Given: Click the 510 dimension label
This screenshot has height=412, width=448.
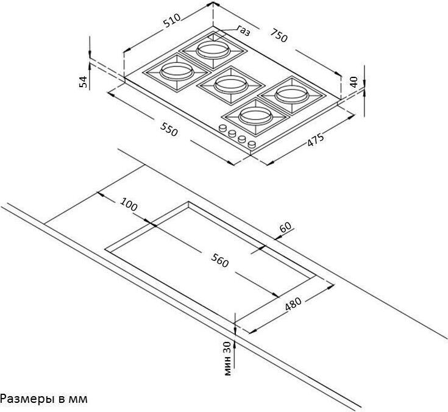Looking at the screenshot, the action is [172, 21].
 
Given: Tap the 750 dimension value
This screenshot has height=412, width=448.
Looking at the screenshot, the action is [279, 35].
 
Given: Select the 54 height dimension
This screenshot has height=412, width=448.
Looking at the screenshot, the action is [82, 82].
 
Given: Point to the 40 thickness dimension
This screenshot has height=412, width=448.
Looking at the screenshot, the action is [354, 82].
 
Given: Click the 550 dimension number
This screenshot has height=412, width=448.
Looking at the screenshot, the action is [169, 129].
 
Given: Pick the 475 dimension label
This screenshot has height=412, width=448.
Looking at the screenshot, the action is [316, 140].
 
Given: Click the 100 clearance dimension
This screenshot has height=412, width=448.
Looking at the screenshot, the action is [129, 204].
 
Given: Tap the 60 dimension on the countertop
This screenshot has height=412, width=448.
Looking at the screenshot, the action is [286, 227].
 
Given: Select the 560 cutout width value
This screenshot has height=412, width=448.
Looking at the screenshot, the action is [220, 261].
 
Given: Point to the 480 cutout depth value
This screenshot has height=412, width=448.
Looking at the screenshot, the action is [293, 304].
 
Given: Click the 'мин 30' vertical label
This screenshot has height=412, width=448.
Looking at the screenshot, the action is [227, 358].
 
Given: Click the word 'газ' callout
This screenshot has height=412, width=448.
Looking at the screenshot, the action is [244, 30].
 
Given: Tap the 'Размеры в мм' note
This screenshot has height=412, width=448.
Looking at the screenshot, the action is [44, 399].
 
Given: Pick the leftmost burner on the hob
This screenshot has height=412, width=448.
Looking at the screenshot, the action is [177, 72].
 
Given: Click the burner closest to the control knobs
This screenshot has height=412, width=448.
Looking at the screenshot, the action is [255, 116].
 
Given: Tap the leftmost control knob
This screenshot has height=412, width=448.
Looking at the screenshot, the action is [222, 128].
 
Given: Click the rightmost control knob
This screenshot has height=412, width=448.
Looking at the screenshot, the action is [252, 144].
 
